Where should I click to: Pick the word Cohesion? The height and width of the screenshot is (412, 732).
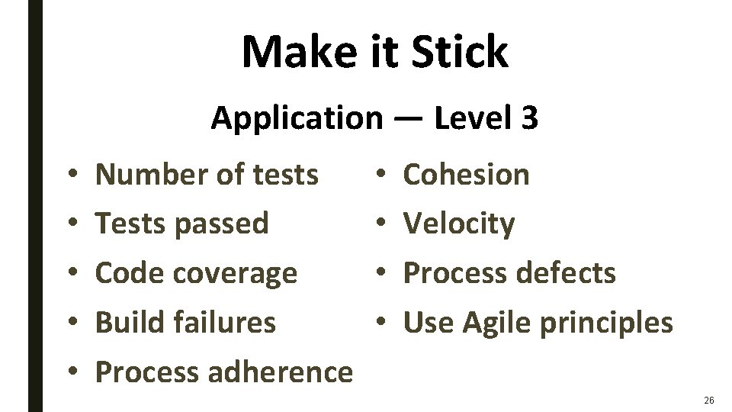coord(466,175)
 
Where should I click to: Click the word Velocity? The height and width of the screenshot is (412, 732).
coord(459,224)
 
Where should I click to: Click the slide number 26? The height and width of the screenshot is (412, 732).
coord(709,399)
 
